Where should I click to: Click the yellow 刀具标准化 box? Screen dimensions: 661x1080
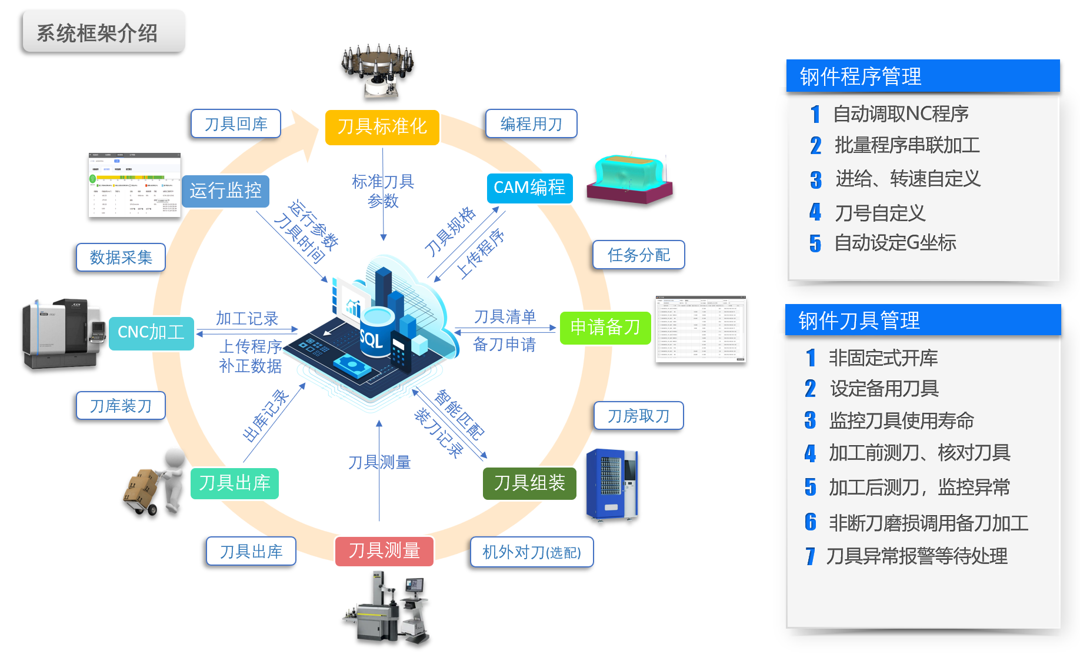point(382,126)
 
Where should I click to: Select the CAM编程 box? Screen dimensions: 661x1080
point(529,188)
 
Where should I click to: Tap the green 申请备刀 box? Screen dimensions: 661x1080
point(605,327)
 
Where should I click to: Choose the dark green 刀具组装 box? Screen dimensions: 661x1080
point(529,483)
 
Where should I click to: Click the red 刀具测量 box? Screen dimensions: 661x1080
point(384,551)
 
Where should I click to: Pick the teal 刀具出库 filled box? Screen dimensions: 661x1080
point(234,483)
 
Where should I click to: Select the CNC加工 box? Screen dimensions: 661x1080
point(151,332)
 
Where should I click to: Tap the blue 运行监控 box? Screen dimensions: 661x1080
point(225,191)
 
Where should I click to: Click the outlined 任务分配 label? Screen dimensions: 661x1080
point(638,255)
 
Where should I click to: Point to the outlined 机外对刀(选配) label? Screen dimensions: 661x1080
point(531,552)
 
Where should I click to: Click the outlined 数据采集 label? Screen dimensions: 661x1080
point(121,257)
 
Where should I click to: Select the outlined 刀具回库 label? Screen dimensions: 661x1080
point(235,123)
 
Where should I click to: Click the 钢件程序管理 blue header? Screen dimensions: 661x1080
point(922,76)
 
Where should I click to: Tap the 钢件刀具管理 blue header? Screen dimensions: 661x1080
point(922,320)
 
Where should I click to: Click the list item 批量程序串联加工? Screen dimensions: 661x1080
point(906,145)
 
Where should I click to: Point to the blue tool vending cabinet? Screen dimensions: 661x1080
point(612,485)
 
